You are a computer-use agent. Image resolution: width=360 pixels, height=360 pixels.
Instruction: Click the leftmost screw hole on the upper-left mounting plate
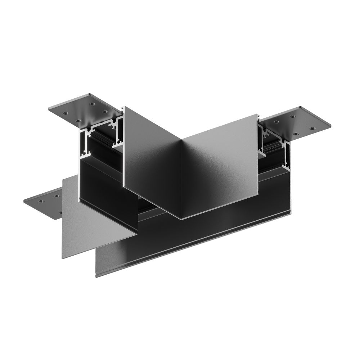click(66, 113)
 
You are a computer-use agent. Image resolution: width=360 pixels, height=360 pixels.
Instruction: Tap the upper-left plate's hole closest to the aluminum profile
click(104, 111)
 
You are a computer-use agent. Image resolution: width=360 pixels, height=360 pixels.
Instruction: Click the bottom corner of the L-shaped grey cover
click(181, 218)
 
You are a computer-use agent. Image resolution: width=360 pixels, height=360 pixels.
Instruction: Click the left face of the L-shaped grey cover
click(151, 158)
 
